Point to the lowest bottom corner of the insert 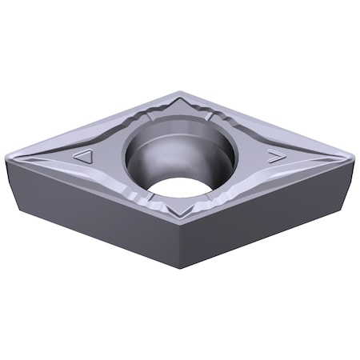[182, 268]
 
